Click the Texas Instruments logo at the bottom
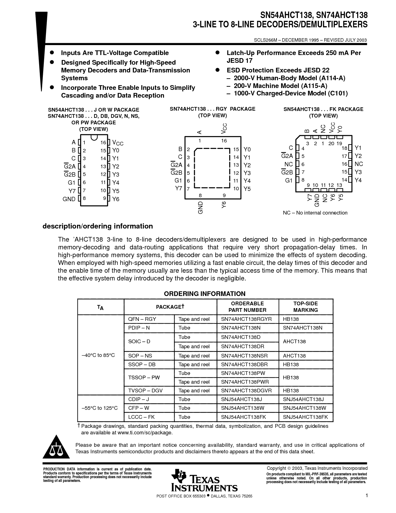click(x=204, y=480)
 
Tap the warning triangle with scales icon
click(x=56, y=448)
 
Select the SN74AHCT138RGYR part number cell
click(x=246, y=319)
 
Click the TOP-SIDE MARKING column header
click(x=306, y=307)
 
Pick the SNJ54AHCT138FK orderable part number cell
click(x=244, y=417)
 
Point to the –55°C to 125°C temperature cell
click(x=100, y=408)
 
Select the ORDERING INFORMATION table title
click(x=204, y=294)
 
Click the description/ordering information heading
click(x=98, y=226)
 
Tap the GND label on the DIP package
click(x=69, y=199)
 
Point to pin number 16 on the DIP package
click(x=103, y=143)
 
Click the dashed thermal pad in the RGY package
click(x=212, y=168)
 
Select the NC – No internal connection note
click(x=315, y=213)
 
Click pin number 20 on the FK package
click(x=331, y=144)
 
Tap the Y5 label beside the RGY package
click(x=247, y=189)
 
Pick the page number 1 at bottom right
click(x=366, y=496)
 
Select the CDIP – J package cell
click(x=139, y=399)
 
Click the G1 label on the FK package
click(x=289, y=180)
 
